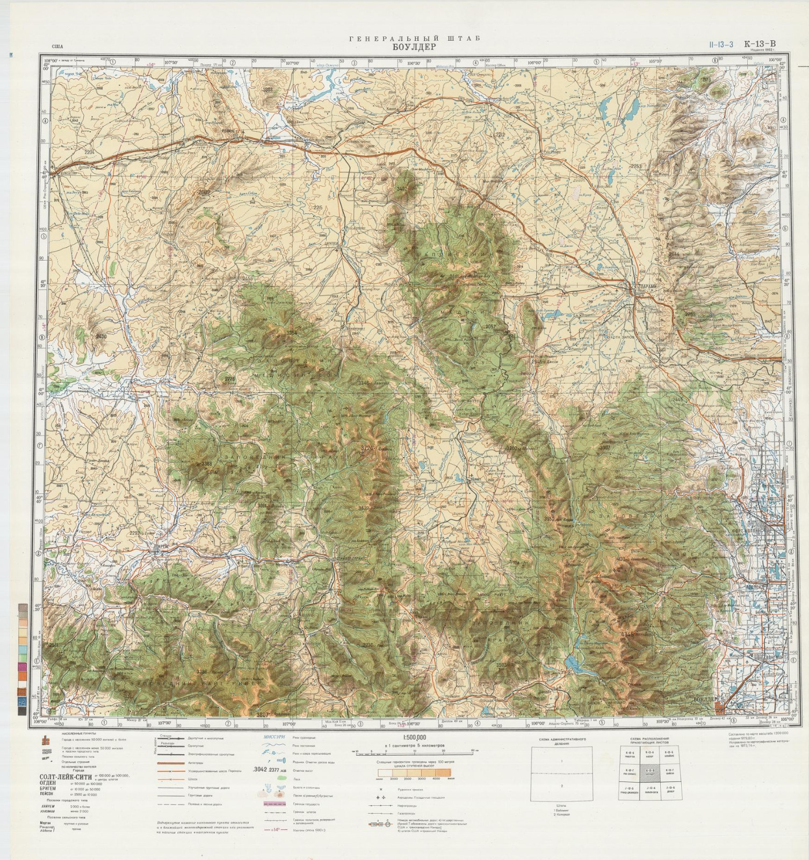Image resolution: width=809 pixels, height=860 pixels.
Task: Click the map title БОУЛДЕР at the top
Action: click(415, 47)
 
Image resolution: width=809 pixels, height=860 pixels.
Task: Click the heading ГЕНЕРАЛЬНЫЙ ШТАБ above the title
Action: click(414, 39)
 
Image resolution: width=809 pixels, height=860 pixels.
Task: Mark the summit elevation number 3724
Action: click(368, 447)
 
